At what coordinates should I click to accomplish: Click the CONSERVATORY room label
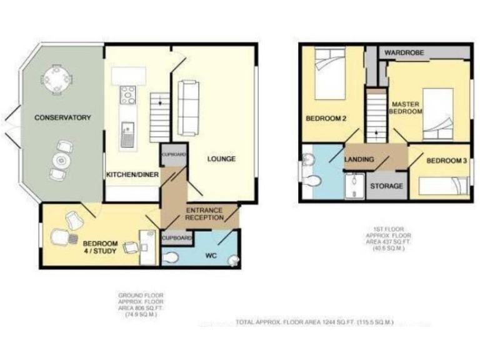pyautogui.click(x=62, y=117)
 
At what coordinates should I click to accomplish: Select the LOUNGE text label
pyautogui.click(x=222, y=159)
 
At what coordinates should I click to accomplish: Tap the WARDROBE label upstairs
pyautogui.click(x=404, y=52)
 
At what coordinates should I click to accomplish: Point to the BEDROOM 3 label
pyautogui.click(x=446, y=161)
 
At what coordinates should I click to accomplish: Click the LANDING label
pyautogui.click(x=359, y=160)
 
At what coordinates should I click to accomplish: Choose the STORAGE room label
pyautogui.click(x=386, y=186)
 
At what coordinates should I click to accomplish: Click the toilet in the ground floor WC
pyautogui.click(x=171, y=257)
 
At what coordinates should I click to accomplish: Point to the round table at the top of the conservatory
pyautogui.click(x=57, y=79)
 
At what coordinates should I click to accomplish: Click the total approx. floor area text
pyautogui.click(x=314, y=322)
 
